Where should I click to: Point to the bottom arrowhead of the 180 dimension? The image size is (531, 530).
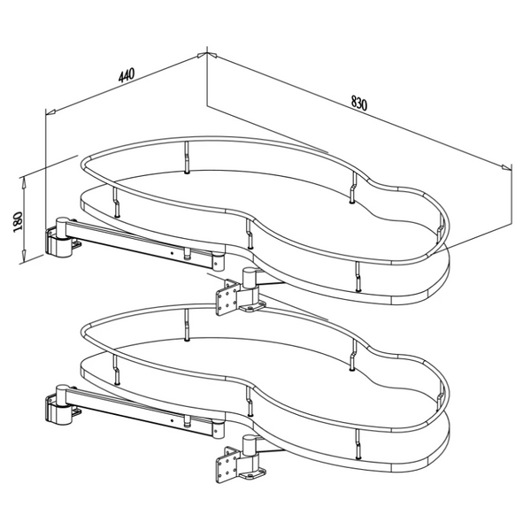click(25, 259)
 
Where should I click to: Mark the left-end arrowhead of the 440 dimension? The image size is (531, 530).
click(50, 111)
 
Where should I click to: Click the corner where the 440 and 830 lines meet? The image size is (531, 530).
click(205, 53)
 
